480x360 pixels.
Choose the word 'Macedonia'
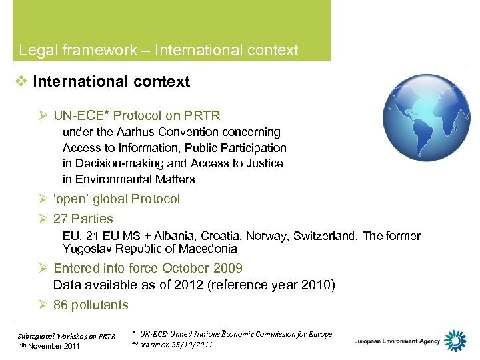pos(209,249)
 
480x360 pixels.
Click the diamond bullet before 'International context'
pos(22,82)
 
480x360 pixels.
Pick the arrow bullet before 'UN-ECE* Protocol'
pos(43,115)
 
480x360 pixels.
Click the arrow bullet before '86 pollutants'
pos(43,305)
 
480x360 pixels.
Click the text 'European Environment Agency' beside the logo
pos(397,341)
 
